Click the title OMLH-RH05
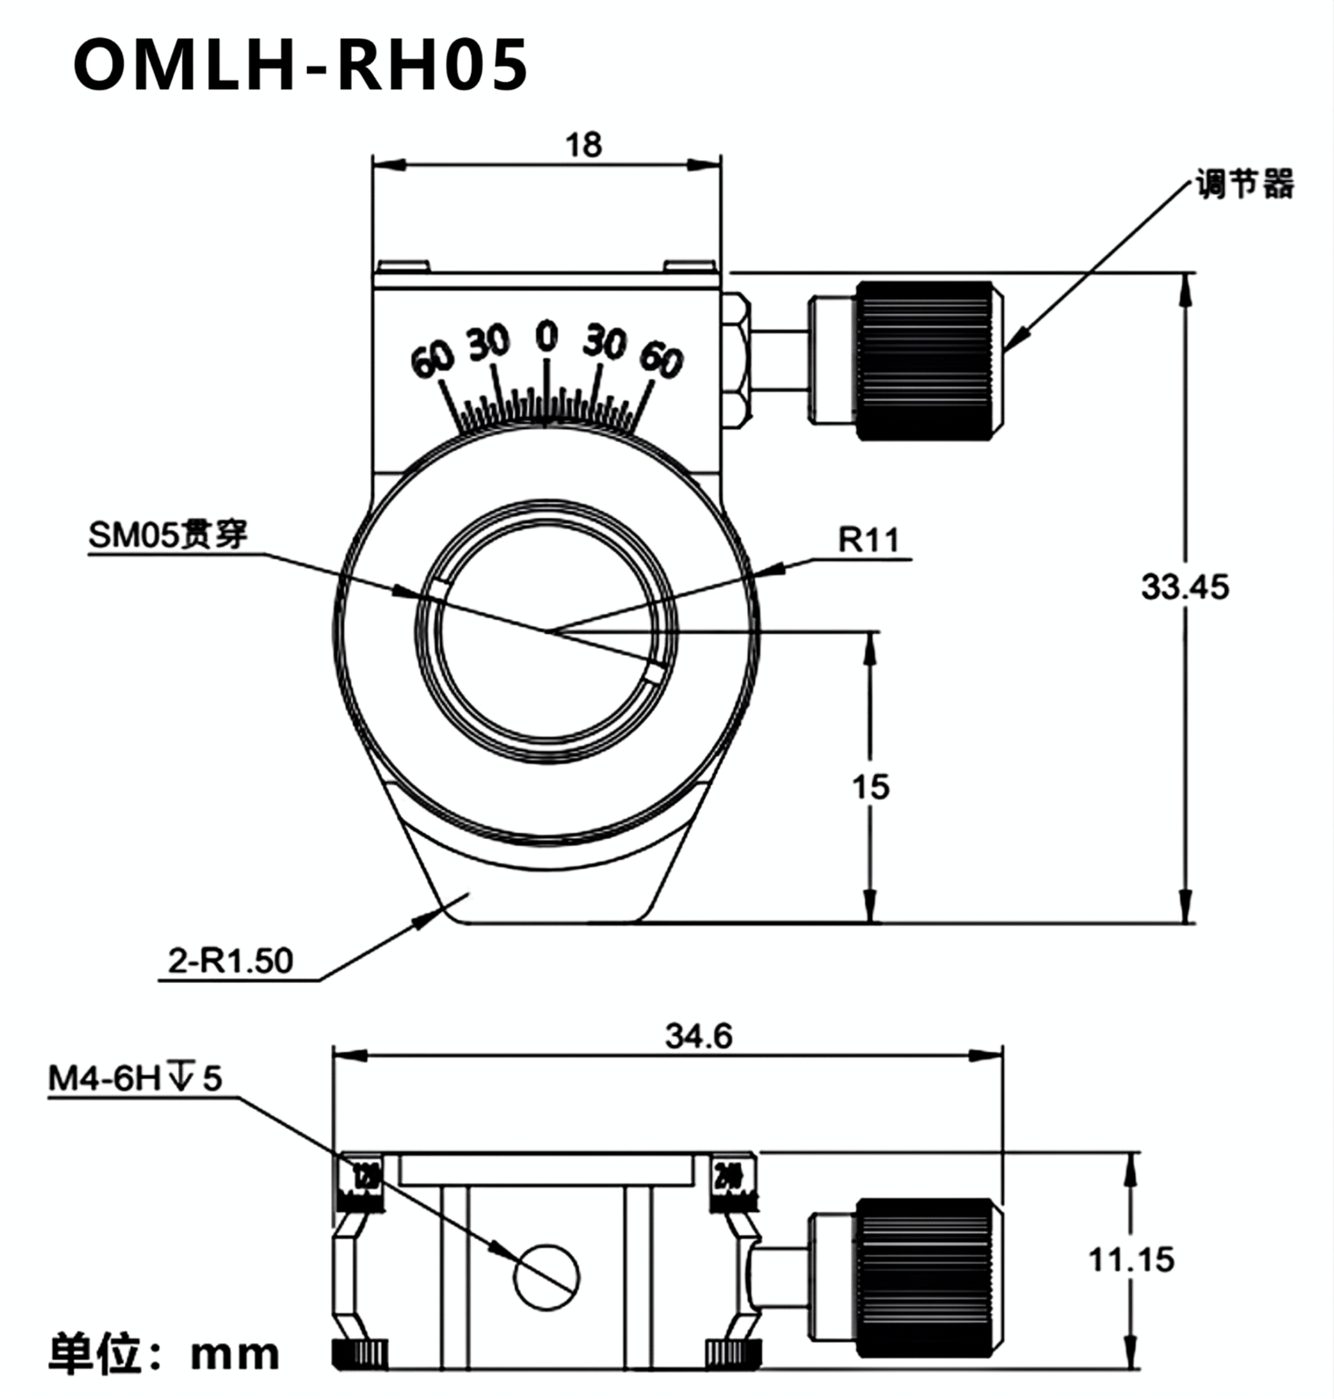click(300, 66)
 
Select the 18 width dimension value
click(583, 145)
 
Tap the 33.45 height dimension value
click(1184, 588)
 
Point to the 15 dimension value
click(870, 787)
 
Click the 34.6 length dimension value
click(698, 1036)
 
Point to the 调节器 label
click(1244, 184)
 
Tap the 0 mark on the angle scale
click(546, 336)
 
